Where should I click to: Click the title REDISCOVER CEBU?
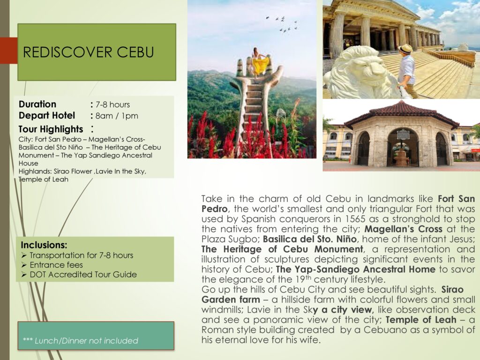tap(88, 52)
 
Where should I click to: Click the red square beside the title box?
tap(9, 51)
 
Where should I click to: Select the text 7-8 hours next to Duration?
tap(112, 105)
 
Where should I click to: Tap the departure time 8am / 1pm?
tap(117, 116)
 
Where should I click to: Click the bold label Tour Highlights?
tap(51, 129)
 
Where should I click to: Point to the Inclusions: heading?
tap(44, 245)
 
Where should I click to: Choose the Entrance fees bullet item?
tap(56, 265)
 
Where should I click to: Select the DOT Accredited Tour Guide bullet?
tap(83, 275)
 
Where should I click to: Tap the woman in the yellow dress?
tap(260, 62)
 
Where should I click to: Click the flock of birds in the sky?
tap(283, 24)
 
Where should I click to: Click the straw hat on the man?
tap(406, 49)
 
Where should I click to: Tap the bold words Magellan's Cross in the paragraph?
tap(403, 229)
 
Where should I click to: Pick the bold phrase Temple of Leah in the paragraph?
tap(420, 320)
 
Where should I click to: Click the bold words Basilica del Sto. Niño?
tap(309, 239)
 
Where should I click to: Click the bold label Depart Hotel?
tap(46, 116)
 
